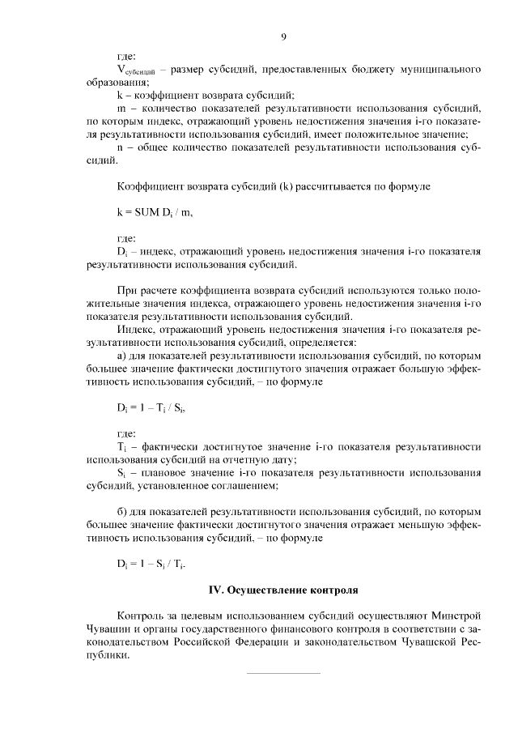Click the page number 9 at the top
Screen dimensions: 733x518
(284, 36)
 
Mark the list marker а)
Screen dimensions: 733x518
(122, 356)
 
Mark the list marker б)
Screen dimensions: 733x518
(122, 512)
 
